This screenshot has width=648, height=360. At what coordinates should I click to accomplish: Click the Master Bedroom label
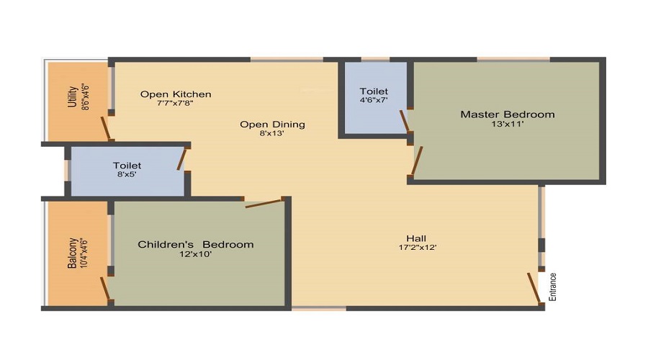tap(508, 114)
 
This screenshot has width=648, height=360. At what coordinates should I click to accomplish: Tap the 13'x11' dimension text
tap(508, 124)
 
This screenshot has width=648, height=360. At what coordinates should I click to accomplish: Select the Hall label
tap(416, 238)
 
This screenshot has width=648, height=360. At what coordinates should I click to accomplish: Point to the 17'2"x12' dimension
tap(418, 248)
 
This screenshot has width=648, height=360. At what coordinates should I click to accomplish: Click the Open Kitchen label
tap(176, 94)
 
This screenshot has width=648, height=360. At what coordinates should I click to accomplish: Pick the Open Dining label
tap(272, 125)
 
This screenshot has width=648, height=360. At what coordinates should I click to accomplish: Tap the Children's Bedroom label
tap(195, 244)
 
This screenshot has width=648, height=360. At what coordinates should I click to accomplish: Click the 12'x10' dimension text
tap(195, 254)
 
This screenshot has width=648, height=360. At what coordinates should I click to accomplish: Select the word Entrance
tap(552, 287)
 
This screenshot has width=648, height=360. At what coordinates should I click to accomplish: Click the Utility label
tap(72, 96)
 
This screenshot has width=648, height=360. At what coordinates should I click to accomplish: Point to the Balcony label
tap(72, 253)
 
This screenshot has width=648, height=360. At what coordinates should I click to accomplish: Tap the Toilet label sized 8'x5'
tap(127, 166)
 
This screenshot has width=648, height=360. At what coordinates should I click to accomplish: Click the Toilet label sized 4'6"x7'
tap(374, 91)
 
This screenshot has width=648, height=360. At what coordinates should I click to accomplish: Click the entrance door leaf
tap(534, 289)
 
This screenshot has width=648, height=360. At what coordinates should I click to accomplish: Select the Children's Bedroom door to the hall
tap(264, 203)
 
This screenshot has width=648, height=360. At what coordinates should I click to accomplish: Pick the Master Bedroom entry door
tap(417, 161)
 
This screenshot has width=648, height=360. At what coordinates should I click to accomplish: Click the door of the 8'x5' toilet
tap(182, 160)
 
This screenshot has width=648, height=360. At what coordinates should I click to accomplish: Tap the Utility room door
tap(106, 129)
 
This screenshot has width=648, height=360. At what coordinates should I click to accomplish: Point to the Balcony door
tap(105, 288)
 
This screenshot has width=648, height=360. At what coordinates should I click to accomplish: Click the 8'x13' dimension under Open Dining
tap(272, 133)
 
